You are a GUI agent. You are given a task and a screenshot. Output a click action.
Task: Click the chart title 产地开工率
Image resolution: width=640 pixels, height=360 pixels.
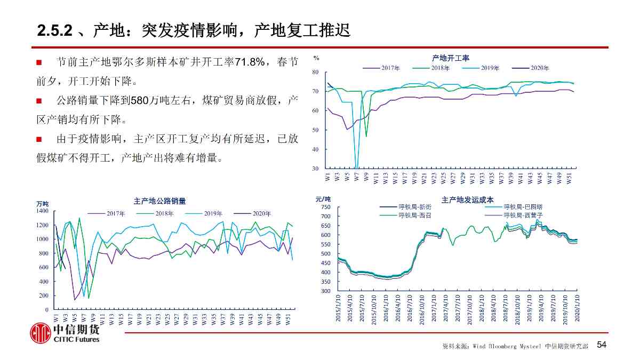[451, 58]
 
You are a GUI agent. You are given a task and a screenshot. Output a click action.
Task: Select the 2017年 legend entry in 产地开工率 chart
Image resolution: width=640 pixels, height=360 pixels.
[390, 68]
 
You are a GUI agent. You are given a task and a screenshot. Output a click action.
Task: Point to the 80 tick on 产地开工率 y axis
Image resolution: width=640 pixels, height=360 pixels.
[315, 72]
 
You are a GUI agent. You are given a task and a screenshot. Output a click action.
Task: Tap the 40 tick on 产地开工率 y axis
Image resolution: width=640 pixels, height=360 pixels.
[315, 149]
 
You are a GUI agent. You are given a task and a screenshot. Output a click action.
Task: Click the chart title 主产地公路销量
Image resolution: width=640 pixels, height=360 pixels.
[160, 201]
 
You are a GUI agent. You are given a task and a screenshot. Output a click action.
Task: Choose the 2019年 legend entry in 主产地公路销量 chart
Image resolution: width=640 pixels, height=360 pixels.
[213, 213]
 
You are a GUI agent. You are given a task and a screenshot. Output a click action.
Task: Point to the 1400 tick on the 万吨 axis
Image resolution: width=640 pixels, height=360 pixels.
[42, 211]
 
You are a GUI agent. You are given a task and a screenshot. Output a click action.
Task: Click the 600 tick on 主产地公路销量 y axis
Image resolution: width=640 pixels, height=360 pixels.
[44, 267]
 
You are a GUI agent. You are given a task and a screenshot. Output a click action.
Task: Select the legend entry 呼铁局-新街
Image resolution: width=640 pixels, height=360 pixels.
[414, 207]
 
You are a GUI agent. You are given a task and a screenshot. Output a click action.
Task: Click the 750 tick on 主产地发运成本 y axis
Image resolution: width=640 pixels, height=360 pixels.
[326, 207]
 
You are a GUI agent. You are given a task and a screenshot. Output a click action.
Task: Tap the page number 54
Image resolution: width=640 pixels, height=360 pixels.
[602, 345]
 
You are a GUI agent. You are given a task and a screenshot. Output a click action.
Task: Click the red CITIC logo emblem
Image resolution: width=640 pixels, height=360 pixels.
[40, 333]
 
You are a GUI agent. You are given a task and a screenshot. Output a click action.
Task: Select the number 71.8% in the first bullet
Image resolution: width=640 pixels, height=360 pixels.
[250, 62]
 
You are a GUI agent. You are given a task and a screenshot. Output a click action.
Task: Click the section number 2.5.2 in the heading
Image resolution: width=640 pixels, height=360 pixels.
[55, 30]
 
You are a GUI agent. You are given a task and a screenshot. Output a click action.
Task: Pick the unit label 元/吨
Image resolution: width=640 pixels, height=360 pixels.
[323, 199]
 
